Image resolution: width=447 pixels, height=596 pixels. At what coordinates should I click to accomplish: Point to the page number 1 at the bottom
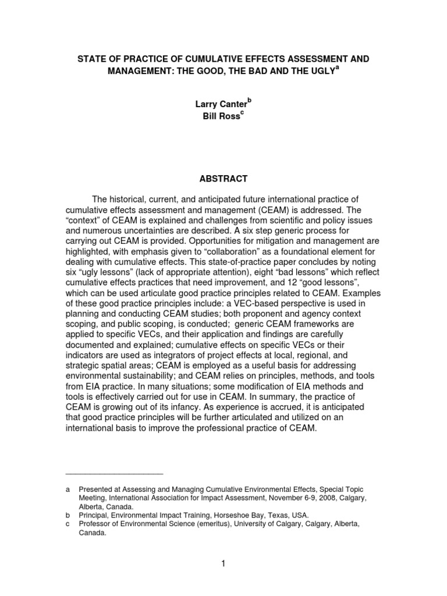coord(223,563)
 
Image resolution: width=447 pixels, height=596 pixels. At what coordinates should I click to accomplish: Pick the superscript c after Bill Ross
coord(242,113)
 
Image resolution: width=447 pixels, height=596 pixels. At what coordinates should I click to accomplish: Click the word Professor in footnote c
coord(97,524)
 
